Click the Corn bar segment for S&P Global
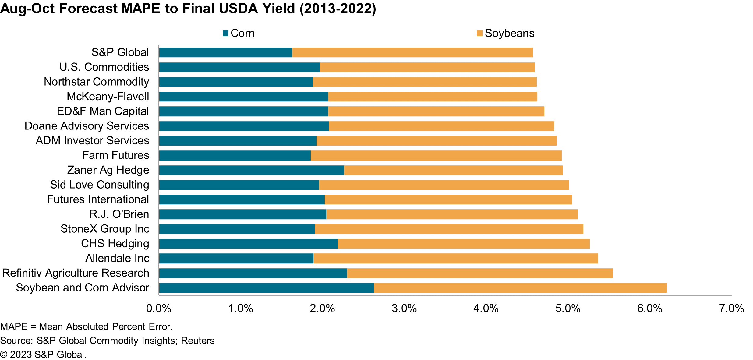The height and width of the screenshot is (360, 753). tap(225, 52)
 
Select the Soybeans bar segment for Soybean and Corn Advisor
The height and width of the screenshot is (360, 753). tap(520, 288)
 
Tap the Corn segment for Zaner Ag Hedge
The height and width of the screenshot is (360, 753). tap(251, 170)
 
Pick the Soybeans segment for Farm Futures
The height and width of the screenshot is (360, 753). tap(436, 156)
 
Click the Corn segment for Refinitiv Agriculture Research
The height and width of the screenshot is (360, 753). tap(253, 273)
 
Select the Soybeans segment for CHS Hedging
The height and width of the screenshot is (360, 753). tap(464, 244)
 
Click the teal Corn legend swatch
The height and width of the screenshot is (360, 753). tap(225, 33)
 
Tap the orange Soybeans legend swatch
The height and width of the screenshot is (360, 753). tap(479, 33)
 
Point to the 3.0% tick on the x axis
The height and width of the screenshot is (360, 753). tap(404, 309)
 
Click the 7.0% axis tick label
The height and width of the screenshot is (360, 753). tap(731, 309)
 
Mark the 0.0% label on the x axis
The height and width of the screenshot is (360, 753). tap(159, 309)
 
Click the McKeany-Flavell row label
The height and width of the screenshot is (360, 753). tap(108, 97)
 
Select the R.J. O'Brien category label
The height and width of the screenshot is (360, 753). tap(119, 214)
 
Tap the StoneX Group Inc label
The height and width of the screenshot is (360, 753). tap(105, 229)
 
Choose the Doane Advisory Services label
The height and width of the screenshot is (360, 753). tap(87, 126)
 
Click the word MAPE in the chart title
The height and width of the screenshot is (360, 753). tap(140, 9)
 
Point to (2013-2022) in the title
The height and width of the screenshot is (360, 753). tap(338, 9)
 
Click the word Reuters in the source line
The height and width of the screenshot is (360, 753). tap(198, 341)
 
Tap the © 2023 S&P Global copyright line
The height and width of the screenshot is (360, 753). tap(43, 355)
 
